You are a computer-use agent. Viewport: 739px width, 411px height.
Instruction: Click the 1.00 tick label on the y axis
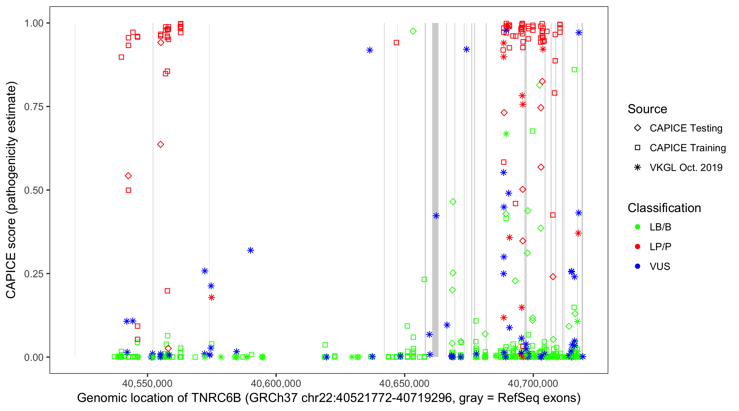coord(34,23)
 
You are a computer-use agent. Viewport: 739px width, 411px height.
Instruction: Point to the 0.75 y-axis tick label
coord(34,107)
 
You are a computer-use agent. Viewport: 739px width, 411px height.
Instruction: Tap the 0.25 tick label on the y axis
coord(34,274)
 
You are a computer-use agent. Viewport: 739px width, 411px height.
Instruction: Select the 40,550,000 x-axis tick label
coord(147,383)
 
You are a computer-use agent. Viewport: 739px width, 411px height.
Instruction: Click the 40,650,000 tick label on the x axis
coord(404,383)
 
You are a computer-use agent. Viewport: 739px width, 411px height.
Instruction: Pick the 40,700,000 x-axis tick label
coord(533,383)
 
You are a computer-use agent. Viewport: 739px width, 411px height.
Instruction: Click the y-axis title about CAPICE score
coord(11,190)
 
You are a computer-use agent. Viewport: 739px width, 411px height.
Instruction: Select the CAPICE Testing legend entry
coord(686,128)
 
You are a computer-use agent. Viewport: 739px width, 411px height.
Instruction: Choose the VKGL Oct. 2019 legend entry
coord(686,167)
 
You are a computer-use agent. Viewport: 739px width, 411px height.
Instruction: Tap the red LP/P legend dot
coord(638,247)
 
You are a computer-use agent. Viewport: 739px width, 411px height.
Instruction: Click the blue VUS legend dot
coord(638,267)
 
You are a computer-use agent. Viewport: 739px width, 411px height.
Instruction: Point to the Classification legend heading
coord(664,208)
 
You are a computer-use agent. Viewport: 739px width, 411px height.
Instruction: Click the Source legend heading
coord(647,109)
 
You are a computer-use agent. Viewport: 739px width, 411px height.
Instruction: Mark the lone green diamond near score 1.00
coord(413,31)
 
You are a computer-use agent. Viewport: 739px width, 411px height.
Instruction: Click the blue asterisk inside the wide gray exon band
coord(436,216)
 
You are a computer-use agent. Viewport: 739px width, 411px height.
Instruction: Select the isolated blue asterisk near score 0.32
coord(250,250)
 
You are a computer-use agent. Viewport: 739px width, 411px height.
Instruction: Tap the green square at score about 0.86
coord(574,70)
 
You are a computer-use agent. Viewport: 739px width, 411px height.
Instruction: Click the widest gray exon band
coord(435,144)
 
